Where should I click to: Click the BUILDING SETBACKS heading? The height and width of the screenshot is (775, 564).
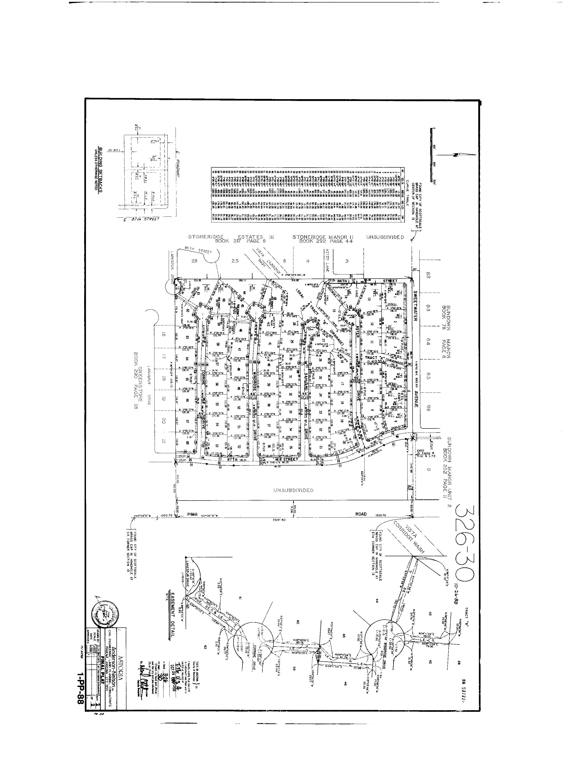tap(101, 170)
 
